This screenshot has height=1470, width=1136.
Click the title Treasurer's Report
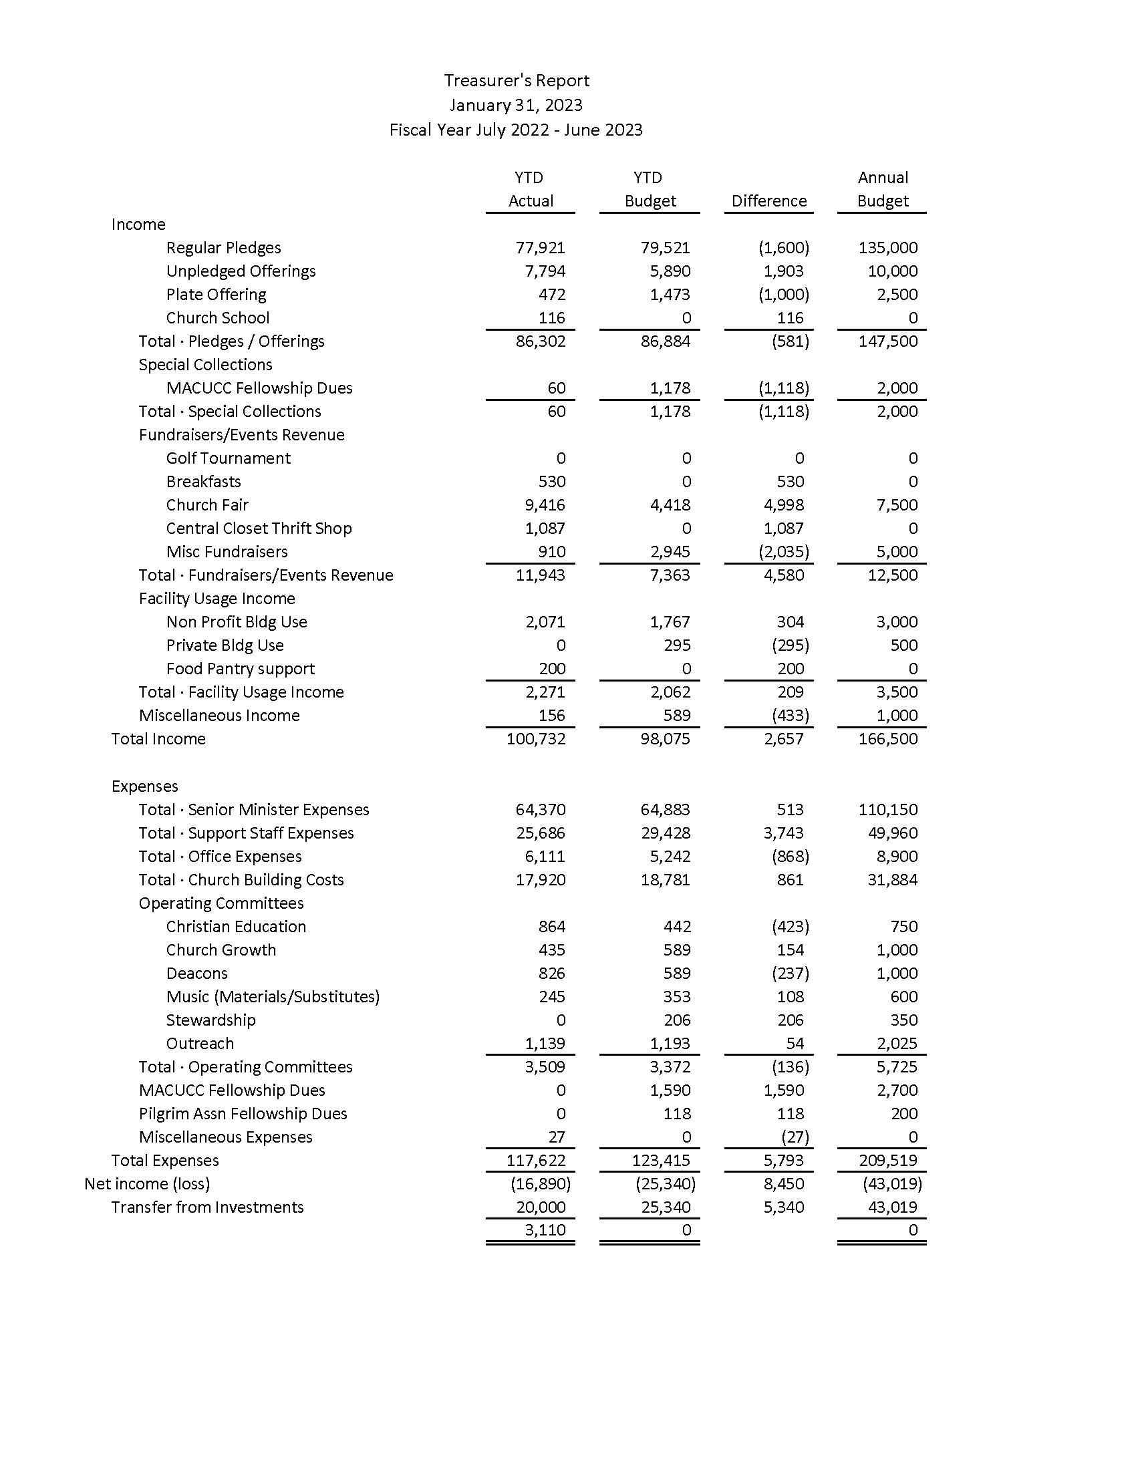click(516, 81)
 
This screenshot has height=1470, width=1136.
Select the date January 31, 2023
click(516, 106)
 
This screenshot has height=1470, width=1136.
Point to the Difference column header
click(768, 201)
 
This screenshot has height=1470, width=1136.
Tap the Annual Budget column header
click(882, 189)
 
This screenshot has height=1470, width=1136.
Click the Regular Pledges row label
click(223, 248)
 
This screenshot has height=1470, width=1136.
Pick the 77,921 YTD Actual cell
click(541, 248)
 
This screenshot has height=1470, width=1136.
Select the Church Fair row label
click(207, 504)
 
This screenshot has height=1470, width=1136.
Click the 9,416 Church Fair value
click(545, 504)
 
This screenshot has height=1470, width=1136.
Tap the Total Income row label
click(159, 738)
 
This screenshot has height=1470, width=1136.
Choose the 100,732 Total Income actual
click(536, 738)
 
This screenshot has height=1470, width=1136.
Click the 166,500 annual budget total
click(887, 738)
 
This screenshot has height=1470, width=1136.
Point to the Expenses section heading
click(145, 786)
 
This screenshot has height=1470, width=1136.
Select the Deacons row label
click(197, 974)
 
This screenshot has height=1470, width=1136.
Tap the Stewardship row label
click(210, 1020)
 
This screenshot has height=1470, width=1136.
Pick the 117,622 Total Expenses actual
click(536, 1161)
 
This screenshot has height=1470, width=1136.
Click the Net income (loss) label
click(148, 1184)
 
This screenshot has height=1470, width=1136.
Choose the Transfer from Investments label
click(207, 1207)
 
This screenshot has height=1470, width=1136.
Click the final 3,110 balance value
click(545, 1229)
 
